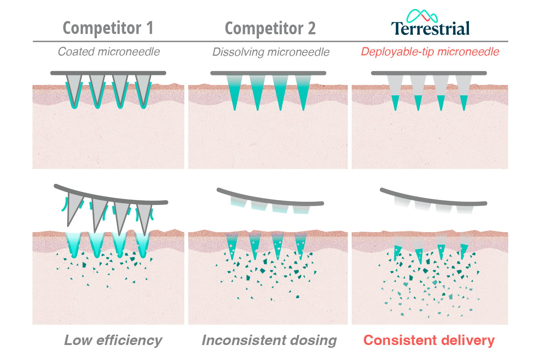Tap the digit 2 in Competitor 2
pos(311,29)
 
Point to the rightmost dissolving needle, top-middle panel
pos(303,91)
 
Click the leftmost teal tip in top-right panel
pos(395,102)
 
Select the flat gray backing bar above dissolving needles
pos(268,73)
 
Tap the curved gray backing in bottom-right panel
pos(432,199)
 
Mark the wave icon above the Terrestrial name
pos(422,16)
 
